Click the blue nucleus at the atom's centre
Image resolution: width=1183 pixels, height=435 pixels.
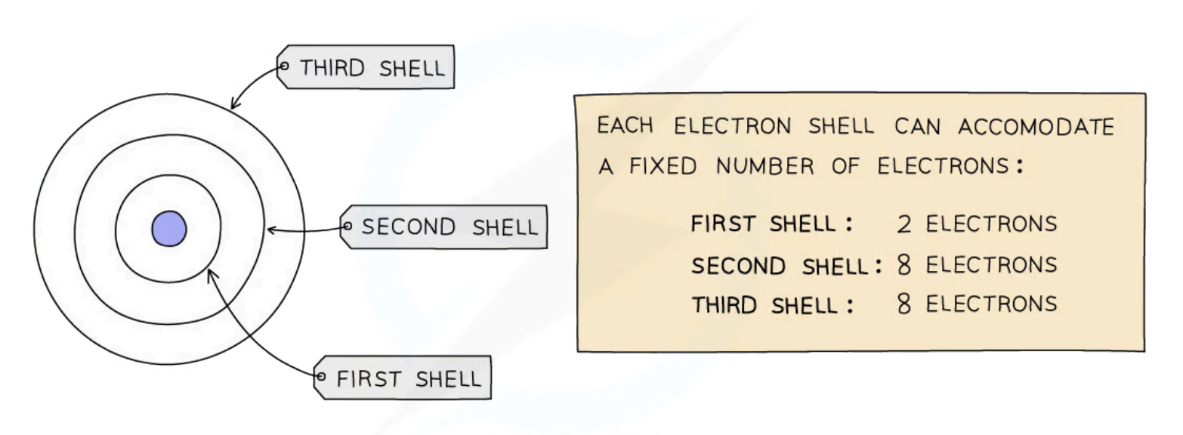[169, 228]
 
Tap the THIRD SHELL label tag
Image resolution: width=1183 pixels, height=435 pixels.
[366, 68]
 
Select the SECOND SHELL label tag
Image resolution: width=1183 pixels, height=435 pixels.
[444, 227]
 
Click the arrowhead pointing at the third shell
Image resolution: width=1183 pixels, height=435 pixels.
[235, 104]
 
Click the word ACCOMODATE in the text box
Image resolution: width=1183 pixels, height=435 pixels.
[1036, 127]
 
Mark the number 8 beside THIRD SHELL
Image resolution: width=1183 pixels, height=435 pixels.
[904, 305]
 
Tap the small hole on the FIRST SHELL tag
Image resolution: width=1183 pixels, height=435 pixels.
[320, 376]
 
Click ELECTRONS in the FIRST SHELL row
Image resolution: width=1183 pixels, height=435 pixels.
[990, 224]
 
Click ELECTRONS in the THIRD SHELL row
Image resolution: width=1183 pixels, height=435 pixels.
[990, 304]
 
